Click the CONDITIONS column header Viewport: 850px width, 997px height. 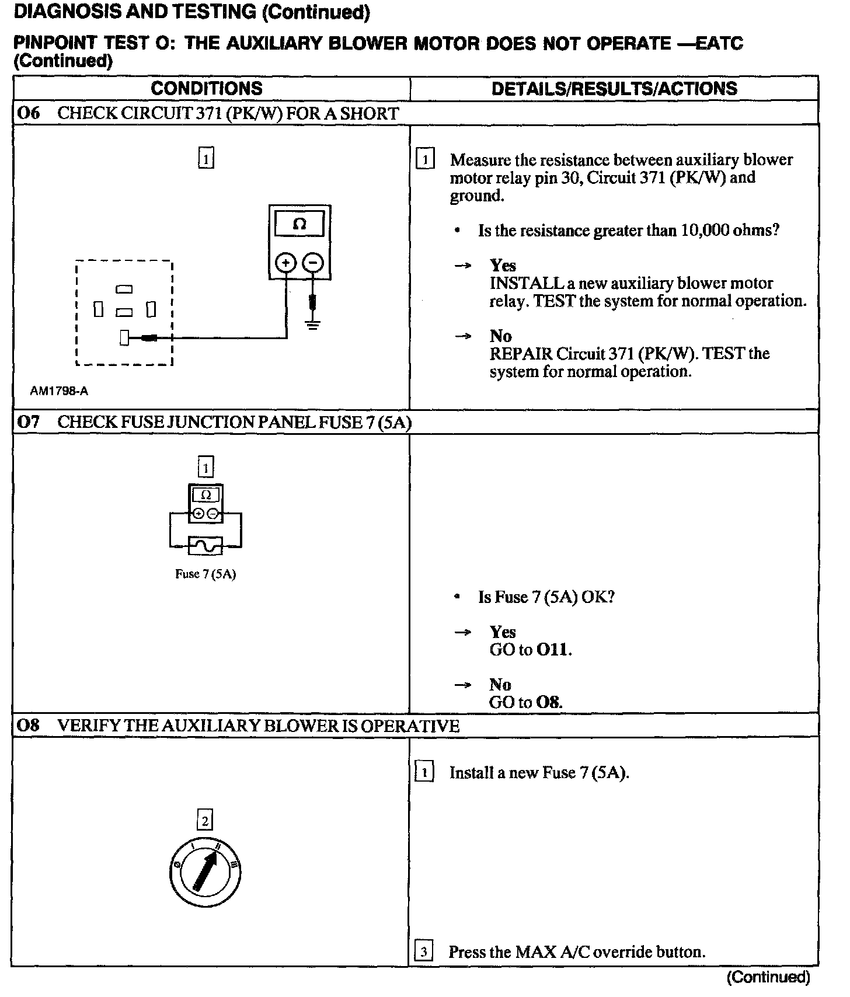(x=207, y=89)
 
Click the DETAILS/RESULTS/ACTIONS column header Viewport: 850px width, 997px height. (x=614, y=89)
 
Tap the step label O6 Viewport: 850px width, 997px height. (x=28, y=113)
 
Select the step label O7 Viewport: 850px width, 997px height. (x=28, y=422)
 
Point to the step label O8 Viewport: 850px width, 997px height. (x=28, y=726)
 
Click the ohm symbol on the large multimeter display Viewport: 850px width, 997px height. (x=299, y=224)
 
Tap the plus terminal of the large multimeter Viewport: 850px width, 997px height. (x=285, y=263)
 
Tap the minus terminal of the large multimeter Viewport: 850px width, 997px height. (x=313, y=263)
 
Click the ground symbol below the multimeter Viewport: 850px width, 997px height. (x=313, y=325)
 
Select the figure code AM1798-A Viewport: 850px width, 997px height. (x=59, y=391)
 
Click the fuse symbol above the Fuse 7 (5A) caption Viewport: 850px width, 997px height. (x=205, y=546)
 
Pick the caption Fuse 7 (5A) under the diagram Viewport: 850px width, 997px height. (x=205, y=574)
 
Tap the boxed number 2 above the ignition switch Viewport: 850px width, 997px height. (x=205, y=821)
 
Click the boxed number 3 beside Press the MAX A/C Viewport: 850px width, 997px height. (x=423, y=952)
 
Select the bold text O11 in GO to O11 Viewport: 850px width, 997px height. (x=552, y=650)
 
